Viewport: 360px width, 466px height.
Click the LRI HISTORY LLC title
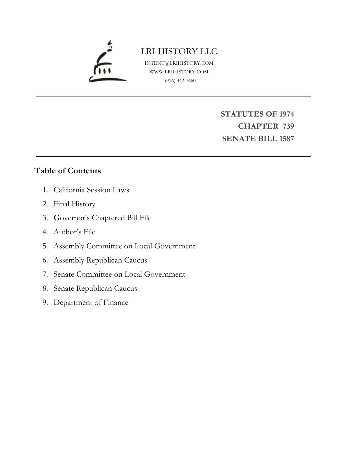click(179, 51)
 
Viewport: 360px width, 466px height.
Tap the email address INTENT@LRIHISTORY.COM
click(179, 63)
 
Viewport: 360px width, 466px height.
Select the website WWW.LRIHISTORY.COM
click(179, 72)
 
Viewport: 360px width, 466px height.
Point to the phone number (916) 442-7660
click(180, 80)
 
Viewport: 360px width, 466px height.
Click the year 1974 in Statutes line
click(286, 114)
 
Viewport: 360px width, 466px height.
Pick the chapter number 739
click(288, 126)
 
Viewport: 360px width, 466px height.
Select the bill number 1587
click(286, 139)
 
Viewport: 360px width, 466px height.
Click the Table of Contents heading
click(67, 171)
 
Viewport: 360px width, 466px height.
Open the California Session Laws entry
click(91, 190)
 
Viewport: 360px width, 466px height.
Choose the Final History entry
click(74, 204)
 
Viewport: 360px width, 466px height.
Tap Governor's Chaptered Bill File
click(102, 218)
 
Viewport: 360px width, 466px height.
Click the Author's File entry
click(74, 232)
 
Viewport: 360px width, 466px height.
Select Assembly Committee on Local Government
click(124, 246)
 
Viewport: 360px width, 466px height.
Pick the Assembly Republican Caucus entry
click(100, 260)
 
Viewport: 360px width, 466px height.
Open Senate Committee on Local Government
click(119, 274)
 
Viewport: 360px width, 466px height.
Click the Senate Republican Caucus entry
click(95, 288)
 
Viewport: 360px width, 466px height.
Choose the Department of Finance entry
click(91, 303)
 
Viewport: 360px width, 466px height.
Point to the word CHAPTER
click(258, 126)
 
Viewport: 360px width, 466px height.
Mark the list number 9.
click(45, 303)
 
